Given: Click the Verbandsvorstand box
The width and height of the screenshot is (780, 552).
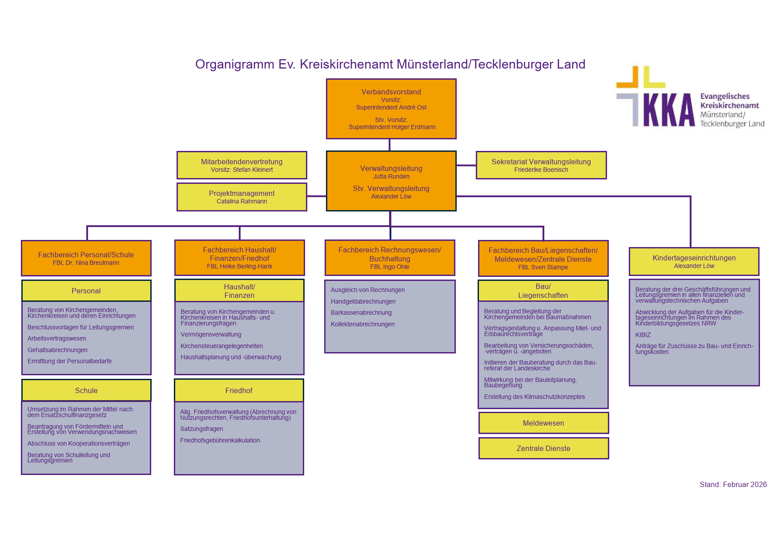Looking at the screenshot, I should click(x=391, y=109).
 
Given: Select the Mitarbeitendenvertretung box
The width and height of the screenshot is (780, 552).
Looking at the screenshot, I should click(x=241, y=165).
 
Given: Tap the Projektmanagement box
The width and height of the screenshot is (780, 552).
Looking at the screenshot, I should click(x=241, y=197).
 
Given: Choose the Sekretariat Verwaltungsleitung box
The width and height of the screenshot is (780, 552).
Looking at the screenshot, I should click(x=541, y=165).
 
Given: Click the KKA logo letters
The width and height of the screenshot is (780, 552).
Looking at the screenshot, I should click(x=668, y=110).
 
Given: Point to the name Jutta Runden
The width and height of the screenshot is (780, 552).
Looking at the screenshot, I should click(x=391, y=177).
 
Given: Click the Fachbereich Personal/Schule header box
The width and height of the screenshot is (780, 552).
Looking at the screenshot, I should click(x=86, y=258).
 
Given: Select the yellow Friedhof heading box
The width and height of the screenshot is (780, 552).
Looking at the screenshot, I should click(x=239, y=390).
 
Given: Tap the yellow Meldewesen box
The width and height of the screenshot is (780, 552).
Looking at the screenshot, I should click(x=543, y=423).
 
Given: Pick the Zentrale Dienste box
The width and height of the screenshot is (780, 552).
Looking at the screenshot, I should click(x=543, y=448).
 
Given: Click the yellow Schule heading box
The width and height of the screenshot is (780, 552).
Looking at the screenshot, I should click(x=86, y=390).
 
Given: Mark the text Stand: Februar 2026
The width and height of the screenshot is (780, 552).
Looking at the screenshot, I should click(x=733, y=484).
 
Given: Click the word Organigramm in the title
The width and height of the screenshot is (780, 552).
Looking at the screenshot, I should click(x=235, y=65).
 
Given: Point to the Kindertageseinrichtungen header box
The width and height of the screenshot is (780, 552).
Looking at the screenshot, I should click(x=694, y=261).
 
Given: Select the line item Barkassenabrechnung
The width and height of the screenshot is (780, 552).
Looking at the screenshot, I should click(x=361, y=313).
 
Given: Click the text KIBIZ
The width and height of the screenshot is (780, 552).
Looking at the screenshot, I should click(x=643, y=335).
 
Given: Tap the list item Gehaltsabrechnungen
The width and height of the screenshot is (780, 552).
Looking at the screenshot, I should click(x=57, y=350).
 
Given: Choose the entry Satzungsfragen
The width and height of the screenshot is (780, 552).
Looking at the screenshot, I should click(x=201, y=429).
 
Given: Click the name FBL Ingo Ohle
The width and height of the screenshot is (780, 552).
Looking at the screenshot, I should click(x=390, y=267).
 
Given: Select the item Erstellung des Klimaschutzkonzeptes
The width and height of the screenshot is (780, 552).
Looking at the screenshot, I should click(x=534, y=397).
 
